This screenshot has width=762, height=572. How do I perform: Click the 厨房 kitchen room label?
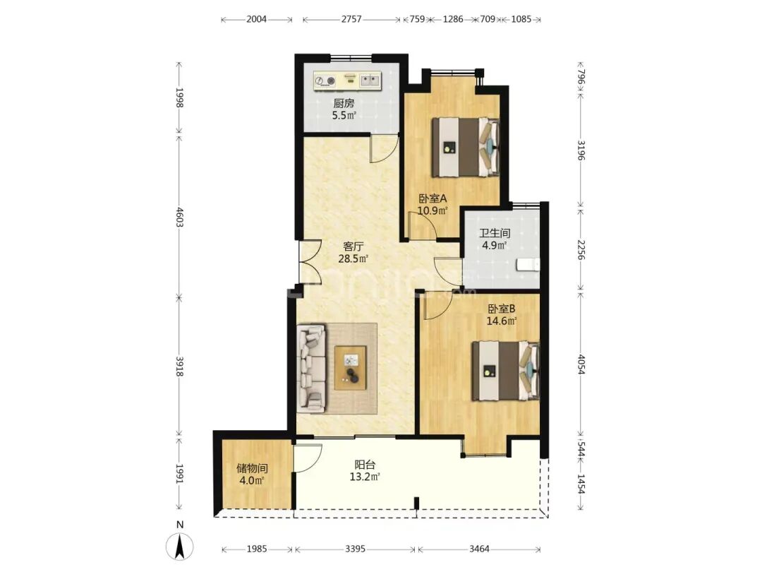[344, 104]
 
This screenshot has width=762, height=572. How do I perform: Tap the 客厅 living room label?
[353, 246]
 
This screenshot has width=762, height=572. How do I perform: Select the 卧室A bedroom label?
[433, 199]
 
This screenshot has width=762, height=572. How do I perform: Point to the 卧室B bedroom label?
[502, 309]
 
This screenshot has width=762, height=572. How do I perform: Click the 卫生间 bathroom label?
[495, 234]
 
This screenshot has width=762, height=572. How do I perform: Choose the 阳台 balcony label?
[365, 465]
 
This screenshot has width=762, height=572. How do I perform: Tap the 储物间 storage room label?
[252, 468]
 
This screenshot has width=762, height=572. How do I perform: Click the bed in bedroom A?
[466, 147]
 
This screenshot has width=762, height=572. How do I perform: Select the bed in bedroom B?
[506, 371]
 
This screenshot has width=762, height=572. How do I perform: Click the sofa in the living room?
[312, 367]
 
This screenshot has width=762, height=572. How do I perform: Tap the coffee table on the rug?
[351, 368]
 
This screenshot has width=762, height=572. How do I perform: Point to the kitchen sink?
[370, 81]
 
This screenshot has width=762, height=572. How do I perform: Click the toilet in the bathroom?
[528, 265]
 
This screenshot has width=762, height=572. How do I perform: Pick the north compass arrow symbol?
[180, 547]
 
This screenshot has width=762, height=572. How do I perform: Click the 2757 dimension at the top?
[351, 20]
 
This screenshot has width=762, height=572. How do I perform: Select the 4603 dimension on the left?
[180, 218]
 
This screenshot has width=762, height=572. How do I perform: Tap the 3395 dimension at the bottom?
[355, 549]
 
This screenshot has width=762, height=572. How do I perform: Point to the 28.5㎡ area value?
[353, 258]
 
